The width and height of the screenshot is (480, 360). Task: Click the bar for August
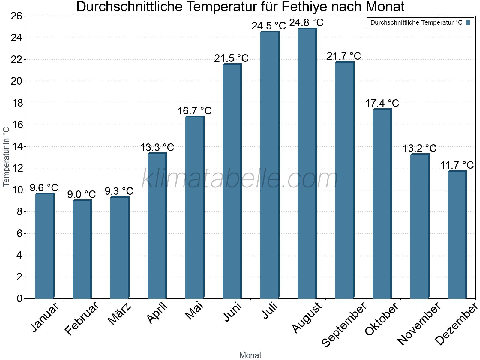pyautogui.click(x=307, y=163)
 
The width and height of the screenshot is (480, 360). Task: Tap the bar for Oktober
pyautogui.click(x=382, y=204)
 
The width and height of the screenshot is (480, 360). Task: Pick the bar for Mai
pyautogui.click(x=194, y=208)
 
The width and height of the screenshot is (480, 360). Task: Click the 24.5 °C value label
pyautogui.click(x=269, y=26)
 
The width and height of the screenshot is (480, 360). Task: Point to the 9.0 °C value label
pyautogui.click(x=81, y=194)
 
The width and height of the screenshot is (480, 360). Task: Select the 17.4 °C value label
pyautogui.click(x=382, y=103)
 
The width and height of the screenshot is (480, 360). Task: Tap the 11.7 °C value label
pyautogui.click(x=457, y=165)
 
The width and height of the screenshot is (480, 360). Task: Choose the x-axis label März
pyautogui.click(x=120, y=314)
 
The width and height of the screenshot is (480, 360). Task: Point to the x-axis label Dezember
pyautogui.click(x=456, y=324)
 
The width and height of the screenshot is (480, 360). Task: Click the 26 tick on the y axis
pyautogui.click(x=16, y=16)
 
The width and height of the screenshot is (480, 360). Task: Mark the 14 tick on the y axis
pyautogui.click(x=16, y=147)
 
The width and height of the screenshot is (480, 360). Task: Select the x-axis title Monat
pyautogui.click(x=250, y=355)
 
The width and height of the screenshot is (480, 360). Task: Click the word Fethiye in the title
pyautogui.click(x=293, y=7)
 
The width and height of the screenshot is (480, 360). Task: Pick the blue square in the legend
pyautogui.click(x=468, y=22)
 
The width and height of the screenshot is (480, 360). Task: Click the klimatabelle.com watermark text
pyautogui.click(x=240, y=178)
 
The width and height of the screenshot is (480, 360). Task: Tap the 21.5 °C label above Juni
pyautogui.click(x=231, y=58)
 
